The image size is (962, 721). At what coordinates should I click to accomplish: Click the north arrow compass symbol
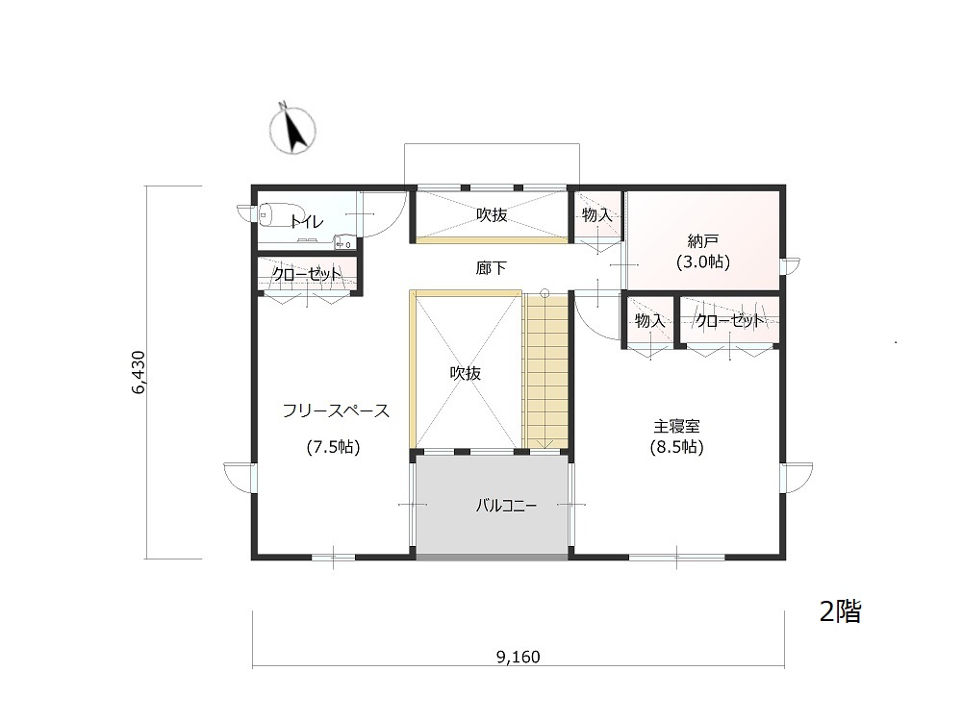click(292, 130)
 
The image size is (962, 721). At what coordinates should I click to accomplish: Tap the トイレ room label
click(307, 221)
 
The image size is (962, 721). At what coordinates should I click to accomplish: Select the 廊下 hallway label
click(492, 268)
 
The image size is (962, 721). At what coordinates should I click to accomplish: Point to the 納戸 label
click(702, 241)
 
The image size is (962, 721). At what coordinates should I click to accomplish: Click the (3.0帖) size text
click(703, 262)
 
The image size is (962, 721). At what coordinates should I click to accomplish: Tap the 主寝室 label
click(676, 426)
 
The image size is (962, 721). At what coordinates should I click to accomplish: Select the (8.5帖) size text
click(676, 447)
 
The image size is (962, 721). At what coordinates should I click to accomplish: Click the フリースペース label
click(336, 410)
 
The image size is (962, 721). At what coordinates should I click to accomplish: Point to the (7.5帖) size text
click(333, 447)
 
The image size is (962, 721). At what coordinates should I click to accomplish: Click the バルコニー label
click(507, 506)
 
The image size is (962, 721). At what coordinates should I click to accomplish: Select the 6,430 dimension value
click(139, 372)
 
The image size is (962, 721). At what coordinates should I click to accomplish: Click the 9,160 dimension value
click(519, 658)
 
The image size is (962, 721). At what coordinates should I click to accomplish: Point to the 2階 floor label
click(841, 611)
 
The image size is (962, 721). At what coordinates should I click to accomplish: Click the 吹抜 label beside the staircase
click(465, 373)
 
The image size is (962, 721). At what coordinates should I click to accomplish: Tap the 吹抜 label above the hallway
click(492, 215)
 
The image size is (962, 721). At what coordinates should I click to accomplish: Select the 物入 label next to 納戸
click(597, 215)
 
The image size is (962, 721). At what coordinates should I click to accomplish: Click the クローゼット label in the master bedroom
click(730, 320)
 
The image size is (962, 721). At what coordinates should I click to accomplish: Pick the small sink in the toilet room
click(343, 243)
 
